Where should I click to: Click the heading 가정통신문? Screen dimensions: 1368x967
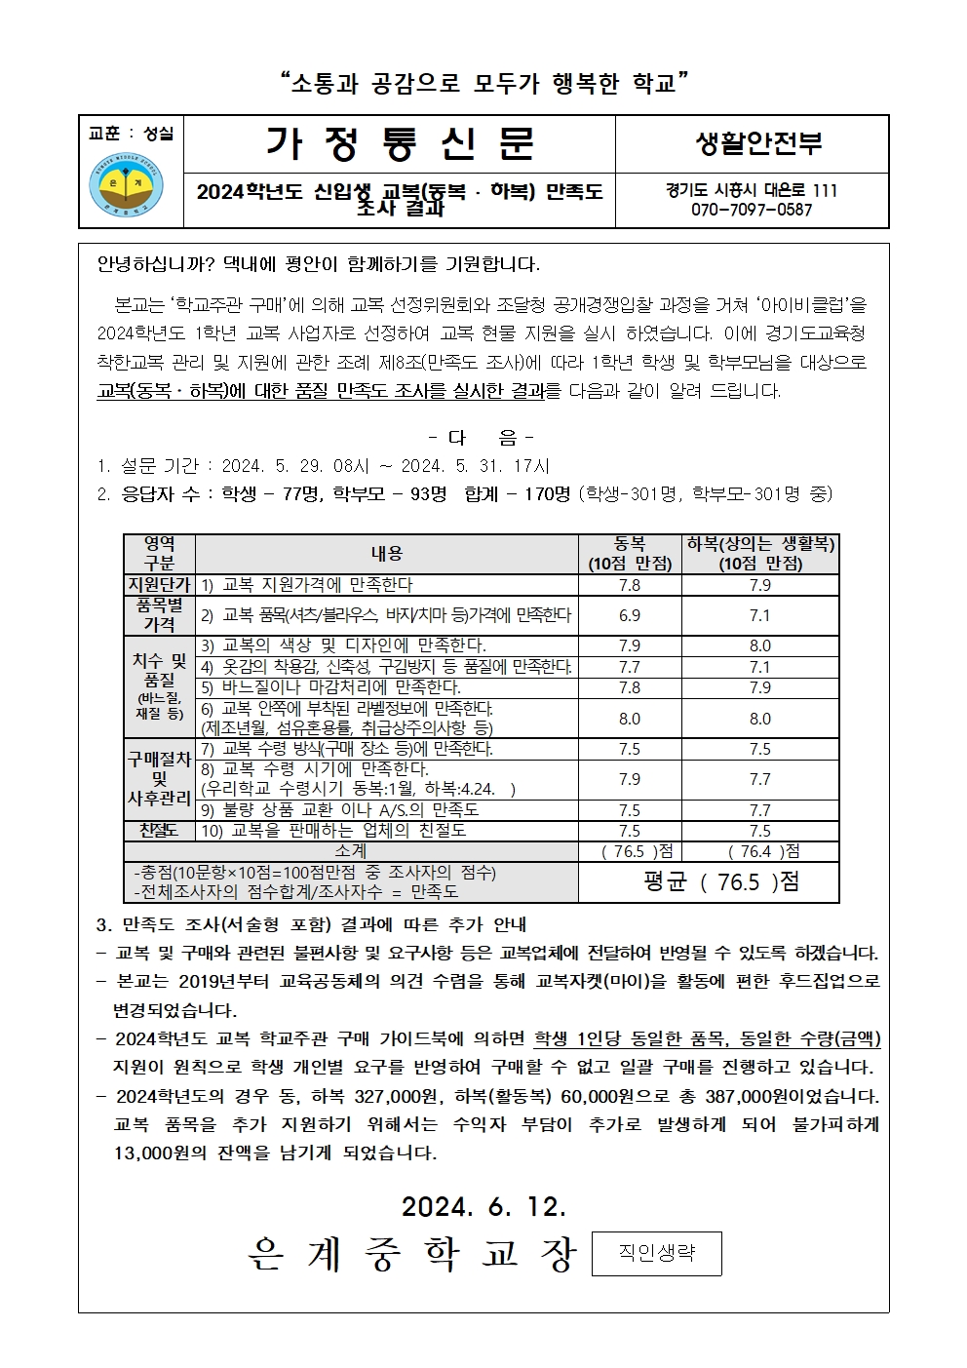tap(400, 142)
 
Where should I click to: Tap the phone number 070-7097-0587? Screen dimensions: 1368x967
tap(752, 210)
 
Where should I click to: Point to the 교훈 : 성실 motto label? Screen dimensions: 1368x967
tap(131, 134)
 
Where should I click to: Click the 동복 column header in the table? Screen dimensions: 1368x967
tap(630, 553)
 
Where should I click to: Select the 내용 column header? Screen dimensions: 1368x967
tap(386, 553)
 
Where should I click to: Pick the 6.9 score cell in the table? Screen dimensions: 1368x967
tap(630, 615)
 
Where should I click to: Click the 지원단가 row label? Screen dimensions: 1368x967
tap(159, 584)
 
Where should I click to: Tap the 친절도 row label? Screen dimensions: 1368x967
tap(159, 831)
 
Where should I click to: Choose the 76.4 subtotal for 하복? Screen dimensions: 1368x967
tap(760, 851)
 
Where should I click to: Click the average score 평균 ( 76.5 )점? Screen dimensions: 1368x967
tap(721, 881)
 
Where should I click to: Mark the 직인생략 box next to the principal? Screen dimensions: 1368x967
tap(656, 1254)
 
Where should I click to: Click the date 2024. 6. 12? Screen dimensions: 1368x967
tap(483, 1206)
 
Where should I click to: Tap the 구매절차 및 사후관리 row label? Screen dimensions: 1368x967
tap(159, 779)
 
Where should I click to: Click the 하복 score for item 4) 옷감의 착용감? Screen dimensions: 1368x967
tap(760, 667)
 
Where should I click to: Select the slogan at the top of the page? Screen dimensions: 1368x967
tap(483, 83)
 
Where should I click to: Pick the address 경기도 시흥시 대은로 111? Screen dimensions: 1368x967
tap(752, 190)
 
